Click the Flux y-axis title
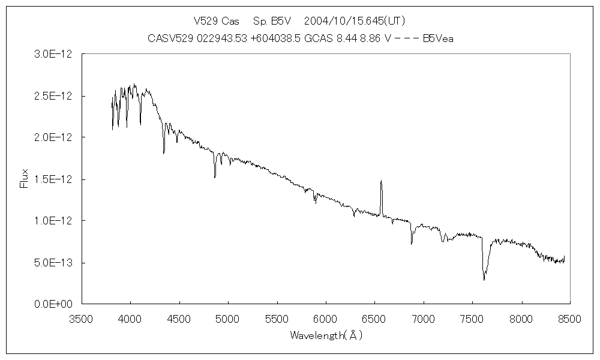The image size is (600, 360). point(25,179)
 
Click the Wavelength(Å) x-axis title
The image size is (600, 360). point(326,335)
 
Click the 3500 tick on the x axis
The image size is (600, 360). point(82,319)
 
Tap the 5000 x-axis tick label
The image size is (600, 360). point(228,319)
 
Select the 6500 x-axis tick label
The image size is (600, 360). point(374,319)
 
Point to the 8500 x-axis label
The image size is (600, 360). point(569,319)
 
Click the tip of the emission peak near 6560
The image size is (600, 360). point(381,180)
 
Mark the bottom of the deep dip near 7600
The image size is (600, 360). point(484,280)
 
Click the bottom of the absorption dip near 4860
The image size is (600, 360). point(215,177)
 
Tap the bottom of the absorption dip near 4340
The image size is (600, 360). point(164,154)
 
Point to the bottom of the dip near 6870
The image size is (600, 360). point(412,244)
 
